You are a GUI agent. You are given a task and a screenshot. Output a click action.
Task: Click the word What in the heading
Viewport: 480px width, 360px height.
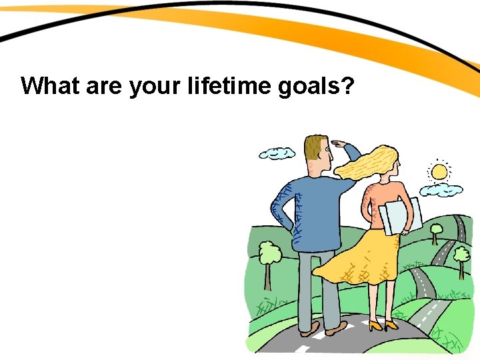(51, 86)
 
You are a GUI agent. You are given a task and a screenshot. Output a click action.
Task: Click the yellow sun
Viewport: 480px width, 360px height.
(439, 172)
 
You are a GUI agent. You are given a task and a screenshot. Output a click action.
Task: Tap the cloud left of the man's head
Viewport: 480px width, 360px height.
(277, 153)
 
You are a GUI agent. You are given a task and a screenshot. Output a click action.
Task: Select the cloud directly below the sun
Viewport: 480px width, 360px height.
(441, 190)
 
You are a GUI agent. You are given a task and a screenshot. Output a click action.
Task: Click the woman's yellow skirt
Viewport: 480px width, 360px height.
(357, 257)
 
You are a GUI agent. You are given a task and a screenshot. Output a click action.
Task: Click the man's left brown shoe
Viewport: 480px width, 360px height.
(309, 329)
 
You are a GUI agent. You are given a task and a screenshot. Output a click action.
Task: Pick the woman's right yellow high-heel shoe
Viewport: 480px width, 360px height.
(391, 326)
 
